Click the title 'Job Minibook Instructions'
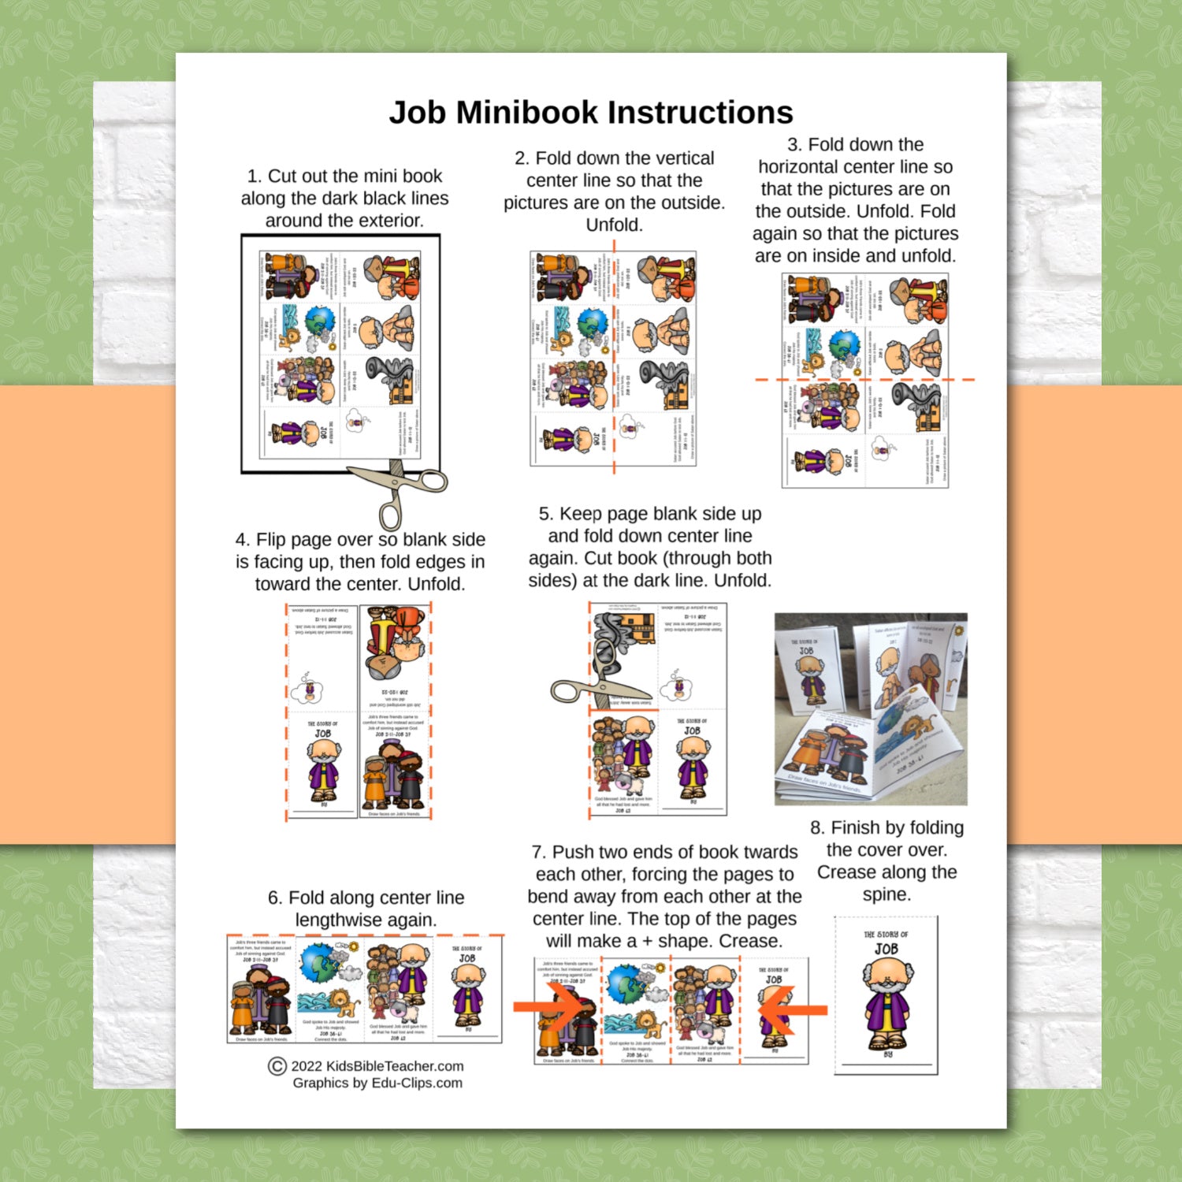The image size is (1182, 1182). (x=590, y=113)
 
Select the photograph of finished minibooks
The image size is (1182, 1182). (x=871, y=708)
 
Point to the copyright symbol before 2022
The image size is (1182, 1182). (x=277, y=1066)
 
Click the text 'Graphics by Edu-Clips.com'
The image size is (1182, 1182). (x=377, y=1083)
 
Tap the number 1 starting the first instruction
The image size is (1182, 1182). (x=252, y=177)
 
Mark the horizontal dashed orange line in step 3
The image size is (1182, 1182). (x=864, y=380)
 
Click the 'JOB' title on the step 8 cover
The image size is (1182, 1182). (x=886, y=949)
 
